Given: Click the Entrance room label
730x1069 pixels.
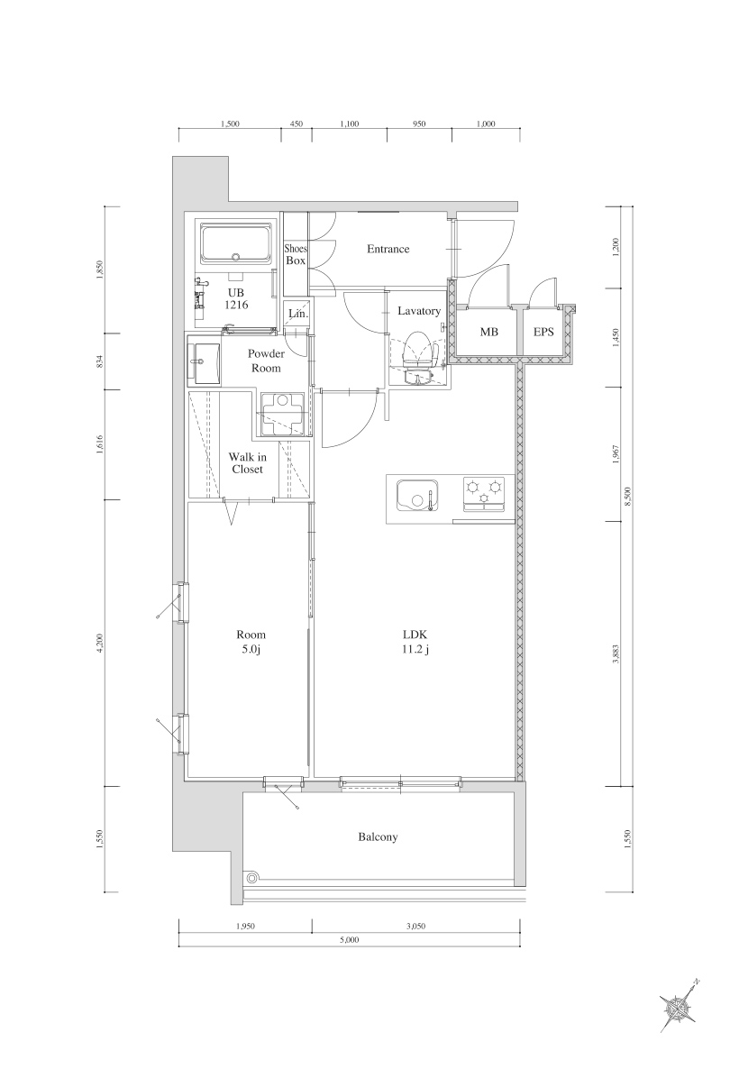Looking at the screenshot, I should [388, 250].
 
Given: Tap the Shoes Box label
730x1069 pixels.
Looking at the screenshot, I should [295, 254].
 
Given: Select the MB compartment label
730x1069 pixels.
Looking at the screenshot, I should [488, 333].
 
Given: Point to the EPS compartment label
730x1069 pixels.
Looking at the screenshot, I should [543, 333].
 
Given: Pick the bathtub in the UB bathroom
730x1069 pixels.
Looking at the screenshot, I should [237, 243].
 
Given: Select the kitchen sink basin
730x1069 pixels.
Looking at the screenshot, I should [416, 497].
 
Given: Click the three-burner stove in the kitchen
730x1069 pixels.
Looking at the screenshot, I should [484, 495].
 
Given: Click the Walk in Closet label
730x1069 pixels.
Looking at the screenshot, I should [247, 463].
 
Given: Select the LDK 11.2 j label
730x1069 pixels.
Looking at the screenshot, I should [415, 642].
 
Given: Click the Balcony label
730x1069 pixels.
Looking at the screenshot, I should [378, 837].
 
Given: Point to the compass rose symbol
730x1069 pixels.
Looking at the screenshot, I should [679, 1005].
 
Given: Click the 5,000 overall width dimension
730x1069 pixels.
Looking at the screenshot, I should [351, 940].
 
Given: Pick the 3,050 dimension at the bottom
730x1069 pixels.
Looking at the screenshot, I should [415, 927].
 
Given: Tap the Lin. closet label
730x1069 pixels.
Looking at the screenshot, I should [297, 314].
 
